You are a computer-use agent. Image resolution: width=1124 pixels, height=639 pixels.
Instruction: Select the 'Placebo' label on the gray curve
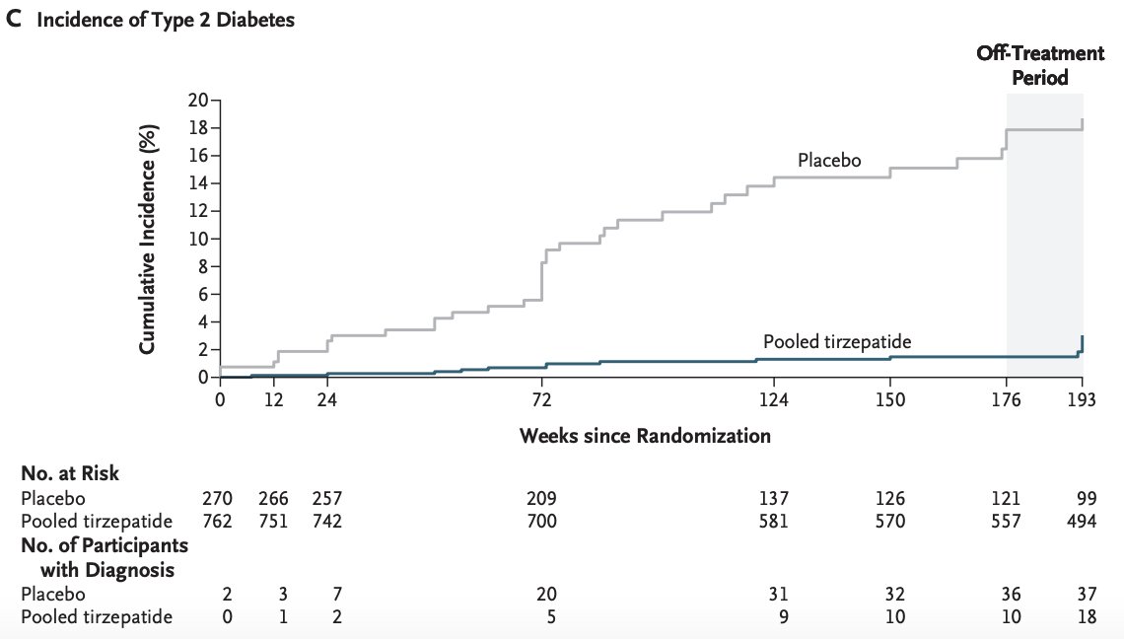[830, 160]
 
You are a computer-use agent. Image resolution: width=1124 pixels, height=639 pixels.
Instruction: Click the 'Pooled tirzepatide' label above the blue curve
[836, 342]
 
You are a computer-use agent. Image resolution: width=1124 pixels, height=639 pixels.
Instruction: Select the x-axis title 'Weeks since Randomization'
[645, 435]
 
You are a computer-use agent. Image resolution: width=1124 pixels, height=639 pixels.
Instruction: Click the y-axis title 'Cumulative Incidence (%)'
[147, 240]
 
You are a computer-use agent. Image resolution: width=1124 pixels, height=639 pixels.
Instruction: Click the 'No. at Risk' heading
[70, 473]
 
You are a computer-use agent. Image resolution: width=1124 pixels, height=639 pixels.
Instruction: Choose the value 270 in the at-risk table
[218, 498]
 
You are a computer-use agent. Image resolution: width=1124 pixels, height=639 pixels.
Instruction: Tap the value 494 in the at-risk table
[1082, 521]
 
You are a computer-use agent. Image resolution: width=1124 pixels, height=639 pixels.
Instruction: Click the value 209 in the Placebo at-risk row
[541, 498]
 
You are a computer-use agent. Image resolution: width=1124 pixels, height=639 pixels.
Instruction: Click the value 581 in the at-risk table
[774, 521]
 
